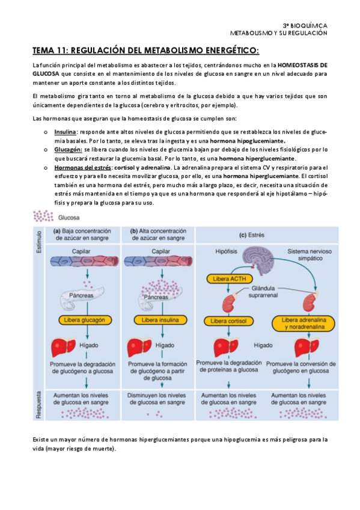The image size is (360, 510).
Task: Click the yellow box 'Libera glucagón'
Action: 85,320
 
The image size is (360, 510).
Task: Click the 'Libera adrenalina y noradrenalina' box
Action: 302,323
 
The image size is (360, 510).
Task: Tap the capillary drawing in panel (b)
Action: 159,260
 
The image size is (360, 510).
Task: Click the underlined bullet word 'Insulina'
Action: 65,131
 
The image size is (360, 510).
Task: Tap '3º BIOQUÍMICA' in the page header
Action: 305,26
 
